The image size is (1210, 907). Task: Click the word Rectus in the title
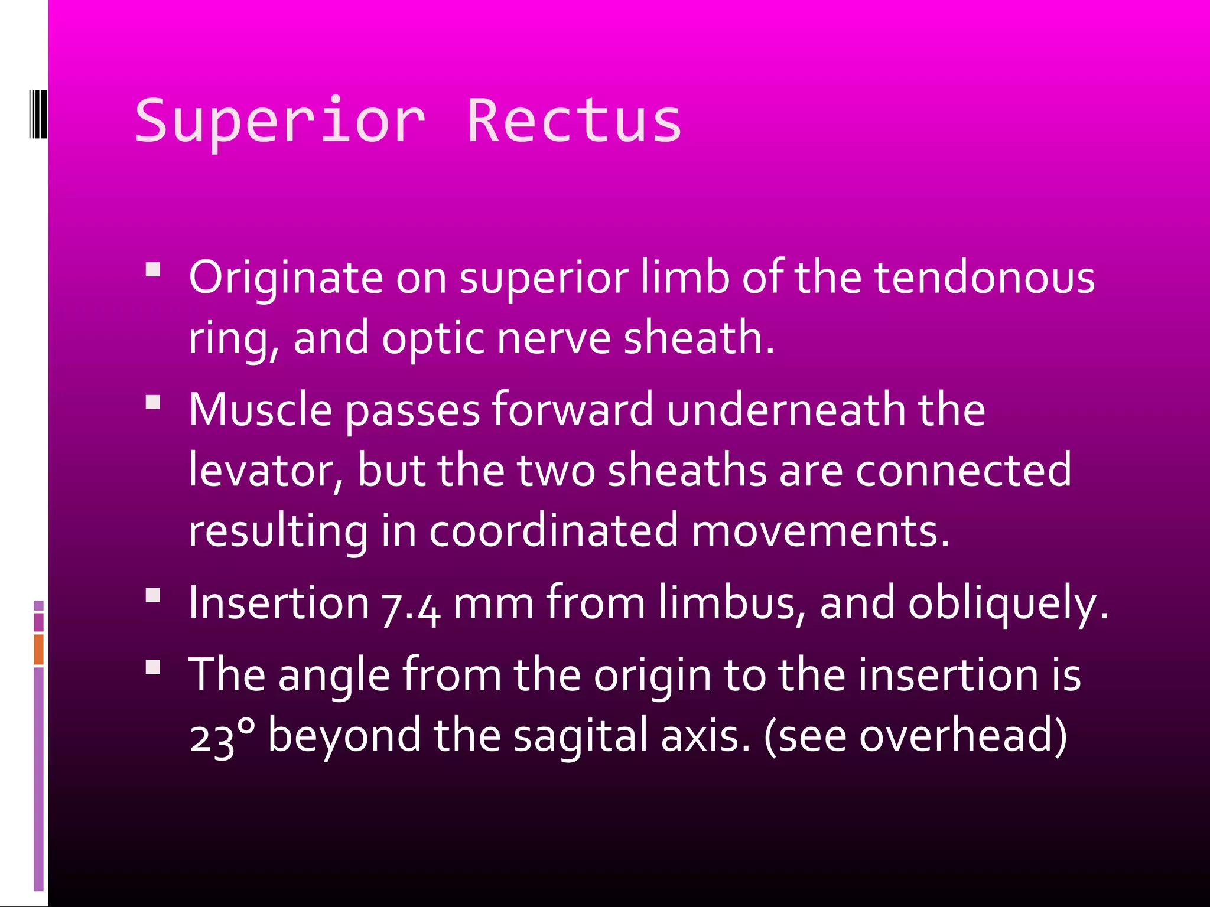574,121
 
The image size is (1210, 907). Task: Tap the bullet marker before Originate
153,270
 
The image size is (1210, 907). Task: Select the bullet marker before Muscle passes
153,403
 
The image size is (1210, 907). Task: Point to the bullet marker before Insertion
153,595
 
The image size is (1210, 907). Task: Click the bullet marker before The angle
153,667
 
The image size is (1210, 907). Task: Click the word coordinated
553,530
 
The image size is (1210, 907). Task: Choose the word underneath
786,409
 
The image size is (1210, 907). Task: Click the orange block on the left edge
38,649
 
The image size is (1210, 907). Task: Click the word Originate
286,277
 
